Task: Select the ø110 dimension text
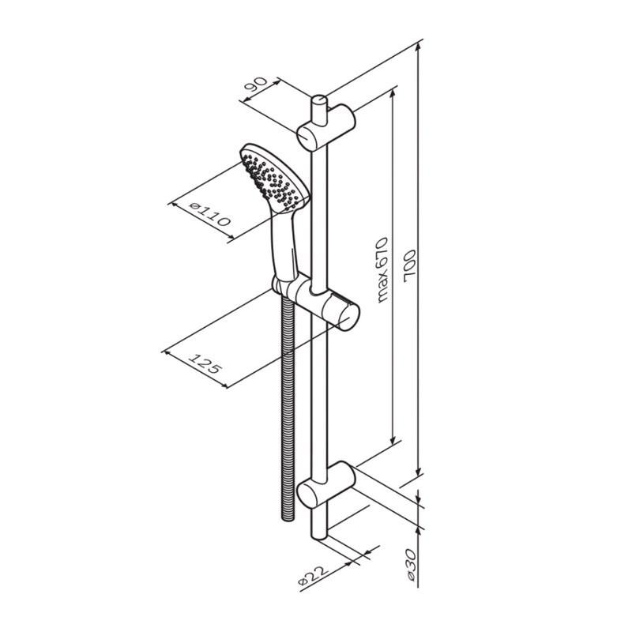[x=210, y=213]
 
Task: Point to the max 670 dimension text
[x=382, y=269]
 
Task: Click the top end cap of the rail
[x=318, y=100]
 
